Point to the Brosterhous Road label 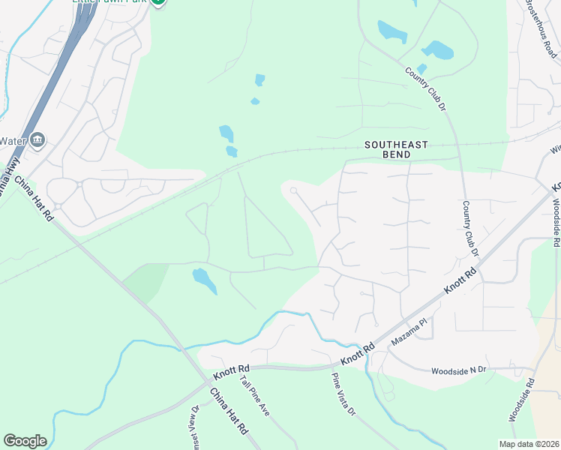[x=541, y=28]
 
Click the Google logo [x=25, y=441]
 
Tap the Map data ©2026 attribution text [x=529, y=444]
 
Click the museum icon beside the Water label [x=38, y=140]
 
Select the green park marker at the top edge [x=158, y=2]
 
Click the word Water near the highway [x=13, y=141]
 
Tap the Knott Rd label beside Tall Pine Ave [x=230, y=370]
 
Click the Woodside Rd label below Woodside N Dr [x=521, y=399]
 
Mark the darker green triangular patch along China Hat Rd [x=146, y=278]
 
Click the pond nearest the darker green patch [x=204, y=280]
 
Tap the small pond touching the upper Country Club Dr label [x=421, y=69]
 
